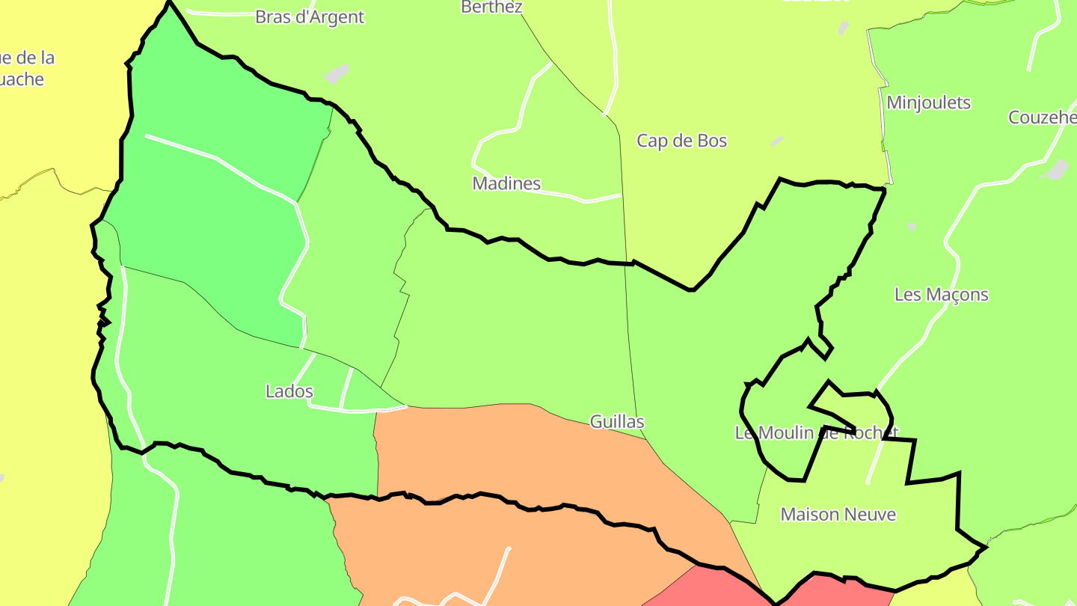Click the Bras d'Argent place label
[x=310, y=17]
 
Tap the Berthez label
[x=491, y=7]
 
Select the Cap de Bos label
[x=681, y=141]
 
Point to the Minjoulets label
[x=928, y=102]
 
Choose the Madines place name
[x=506, y=183]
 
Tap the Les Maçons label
[x=941, y=295]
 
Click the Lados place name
[x=289, y=391]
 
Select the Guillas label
[x=617, y=422]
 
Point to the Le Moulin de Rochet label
[x=816, y=432]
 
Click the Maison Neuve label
[x=838, y=515]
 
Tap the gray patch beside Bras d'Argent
[x=337, y=74]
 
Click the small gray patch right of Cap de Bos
[x=778, y=141]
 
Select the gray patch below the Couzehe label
[x=1057, y=171]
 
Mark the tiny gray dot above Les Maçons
[x=912, y=226]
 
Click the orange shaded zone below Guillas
[x=524, y=456]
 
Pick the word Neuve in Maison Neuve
[x=870, y=515]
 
